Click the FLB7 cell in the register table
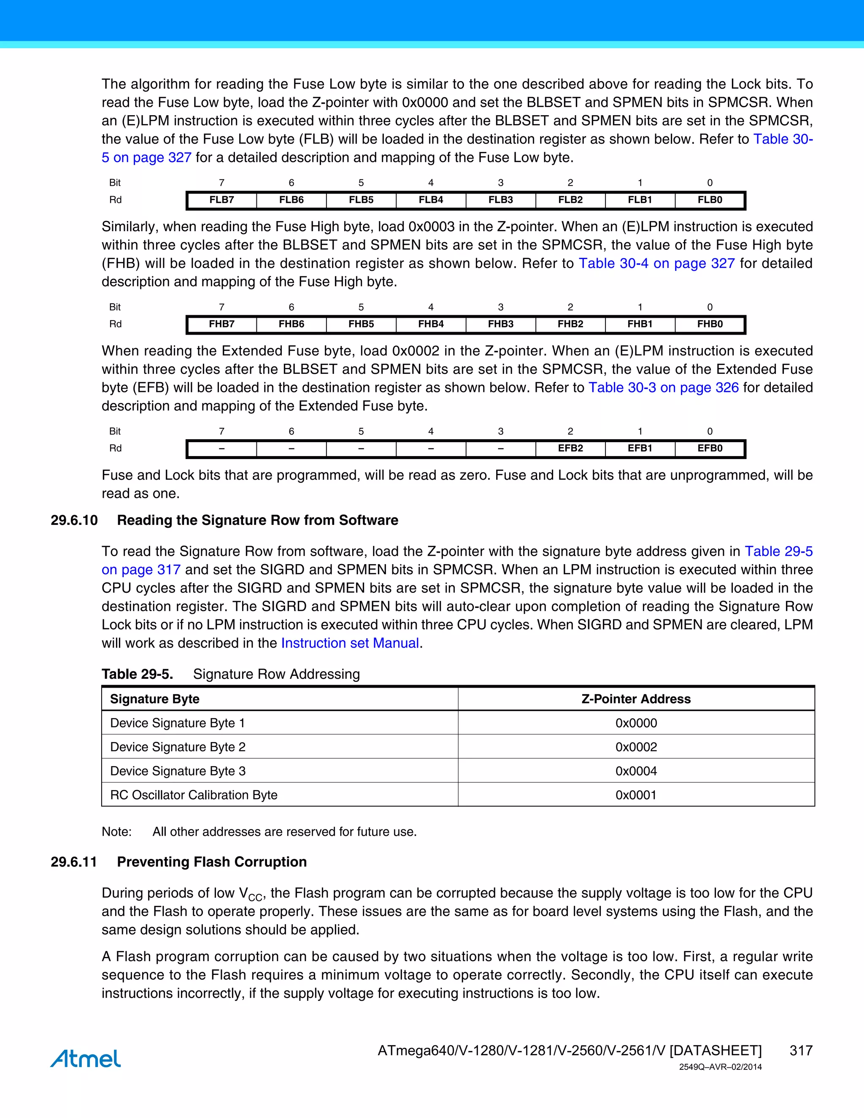point(221,200)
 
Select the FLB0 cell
point(710,200)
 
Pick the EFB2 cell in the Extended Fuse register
point(570,448)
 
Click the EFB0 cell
point(710,448)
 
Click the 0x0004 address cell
point(636,771)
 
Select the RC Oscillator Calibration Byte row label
point(194,795)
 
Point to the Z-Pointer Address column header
point(636,699)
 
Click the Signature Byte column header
point(154,699)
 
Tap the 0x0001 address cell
point(636,795)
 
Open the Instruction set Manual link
point(350,643)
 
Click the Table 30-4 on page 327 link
point(657,264)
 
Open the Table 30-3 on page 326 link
point(663,388)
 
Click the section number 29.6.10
point(74,520)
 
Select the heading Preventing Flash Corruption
point(212,862)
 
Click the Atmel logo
point(86,1058)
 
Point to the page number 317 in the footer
point(801,1050)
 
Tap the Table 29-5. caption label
point(137,674)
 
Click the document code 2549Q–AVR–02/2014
point(720,1067)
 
